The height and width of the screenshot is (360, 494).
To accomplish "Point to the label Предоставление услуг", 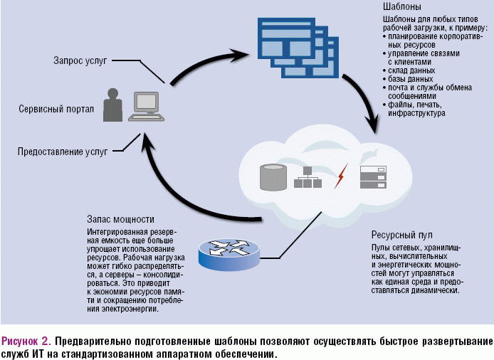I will pyautogui.click(x=63, y=151).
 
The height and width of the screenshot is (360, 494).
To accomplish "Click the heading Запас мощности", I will pyautogui.click(x=120, y=218).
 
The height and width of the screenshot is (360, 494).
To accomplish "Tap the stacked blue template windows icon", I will pyautogui.click(x=294, y=43).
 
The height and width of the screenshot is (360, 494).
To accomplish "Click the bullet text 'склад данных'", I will pyautogui.click(x=411, y=70).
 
